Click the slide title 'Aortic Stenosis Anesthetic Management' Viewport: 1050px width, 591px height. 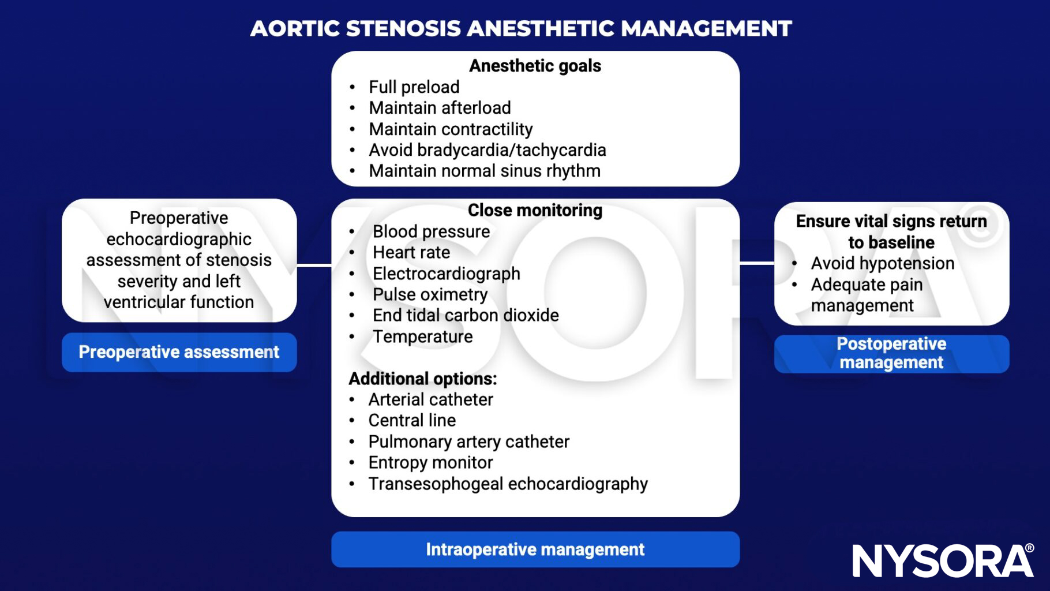(x=520, y=28)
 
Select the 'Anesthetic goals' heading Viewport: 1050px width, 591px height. (x=535, y=66)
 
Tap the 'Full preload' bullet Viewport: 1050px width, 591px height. (x=414, y=87)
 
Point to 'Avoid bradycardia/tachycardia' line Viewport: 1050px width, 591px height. (x=487, y=150)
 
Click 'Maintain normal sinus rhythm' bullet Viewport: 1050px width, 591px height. (x=484, y=171)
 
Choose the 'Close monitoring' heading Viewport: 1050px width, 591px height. (x=535, y=210)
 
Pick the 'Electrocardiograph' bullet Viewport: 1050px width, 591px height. (x=446, y=274)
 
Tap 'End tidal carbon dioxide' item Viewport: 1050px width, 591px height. (x=465, y=315)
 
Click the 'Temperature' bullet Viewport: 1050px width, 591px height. (x=422, y=336)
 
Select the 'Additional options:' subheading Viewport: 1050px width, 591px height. (x=422, y=379)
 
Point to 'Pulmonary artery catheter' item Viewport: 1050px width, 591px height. (x=468, y=442)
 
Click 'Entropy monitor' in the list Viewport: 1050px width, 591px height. (x=430, y=462)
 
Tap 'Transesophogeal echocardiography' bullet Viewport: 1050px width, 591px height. (x=508, y=484)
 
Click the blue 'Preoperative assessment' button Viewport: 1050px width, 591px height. (x=179, y=352)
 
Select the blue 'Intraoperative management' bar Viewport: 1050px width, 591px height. (x=535, y=549)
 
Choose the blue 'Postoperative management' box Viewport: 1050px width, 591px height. (x=891, y=353)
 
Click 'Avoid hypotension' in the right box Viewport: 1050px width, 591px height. (x=882, y=263)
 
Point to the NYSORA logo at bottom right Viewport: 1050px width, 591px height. (x=943, y=560)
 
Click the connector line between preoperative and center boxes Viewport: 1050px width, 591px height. (x=314, y=265)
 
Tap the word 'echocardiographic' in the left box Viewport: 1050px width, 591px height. (x=179, y=239)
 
